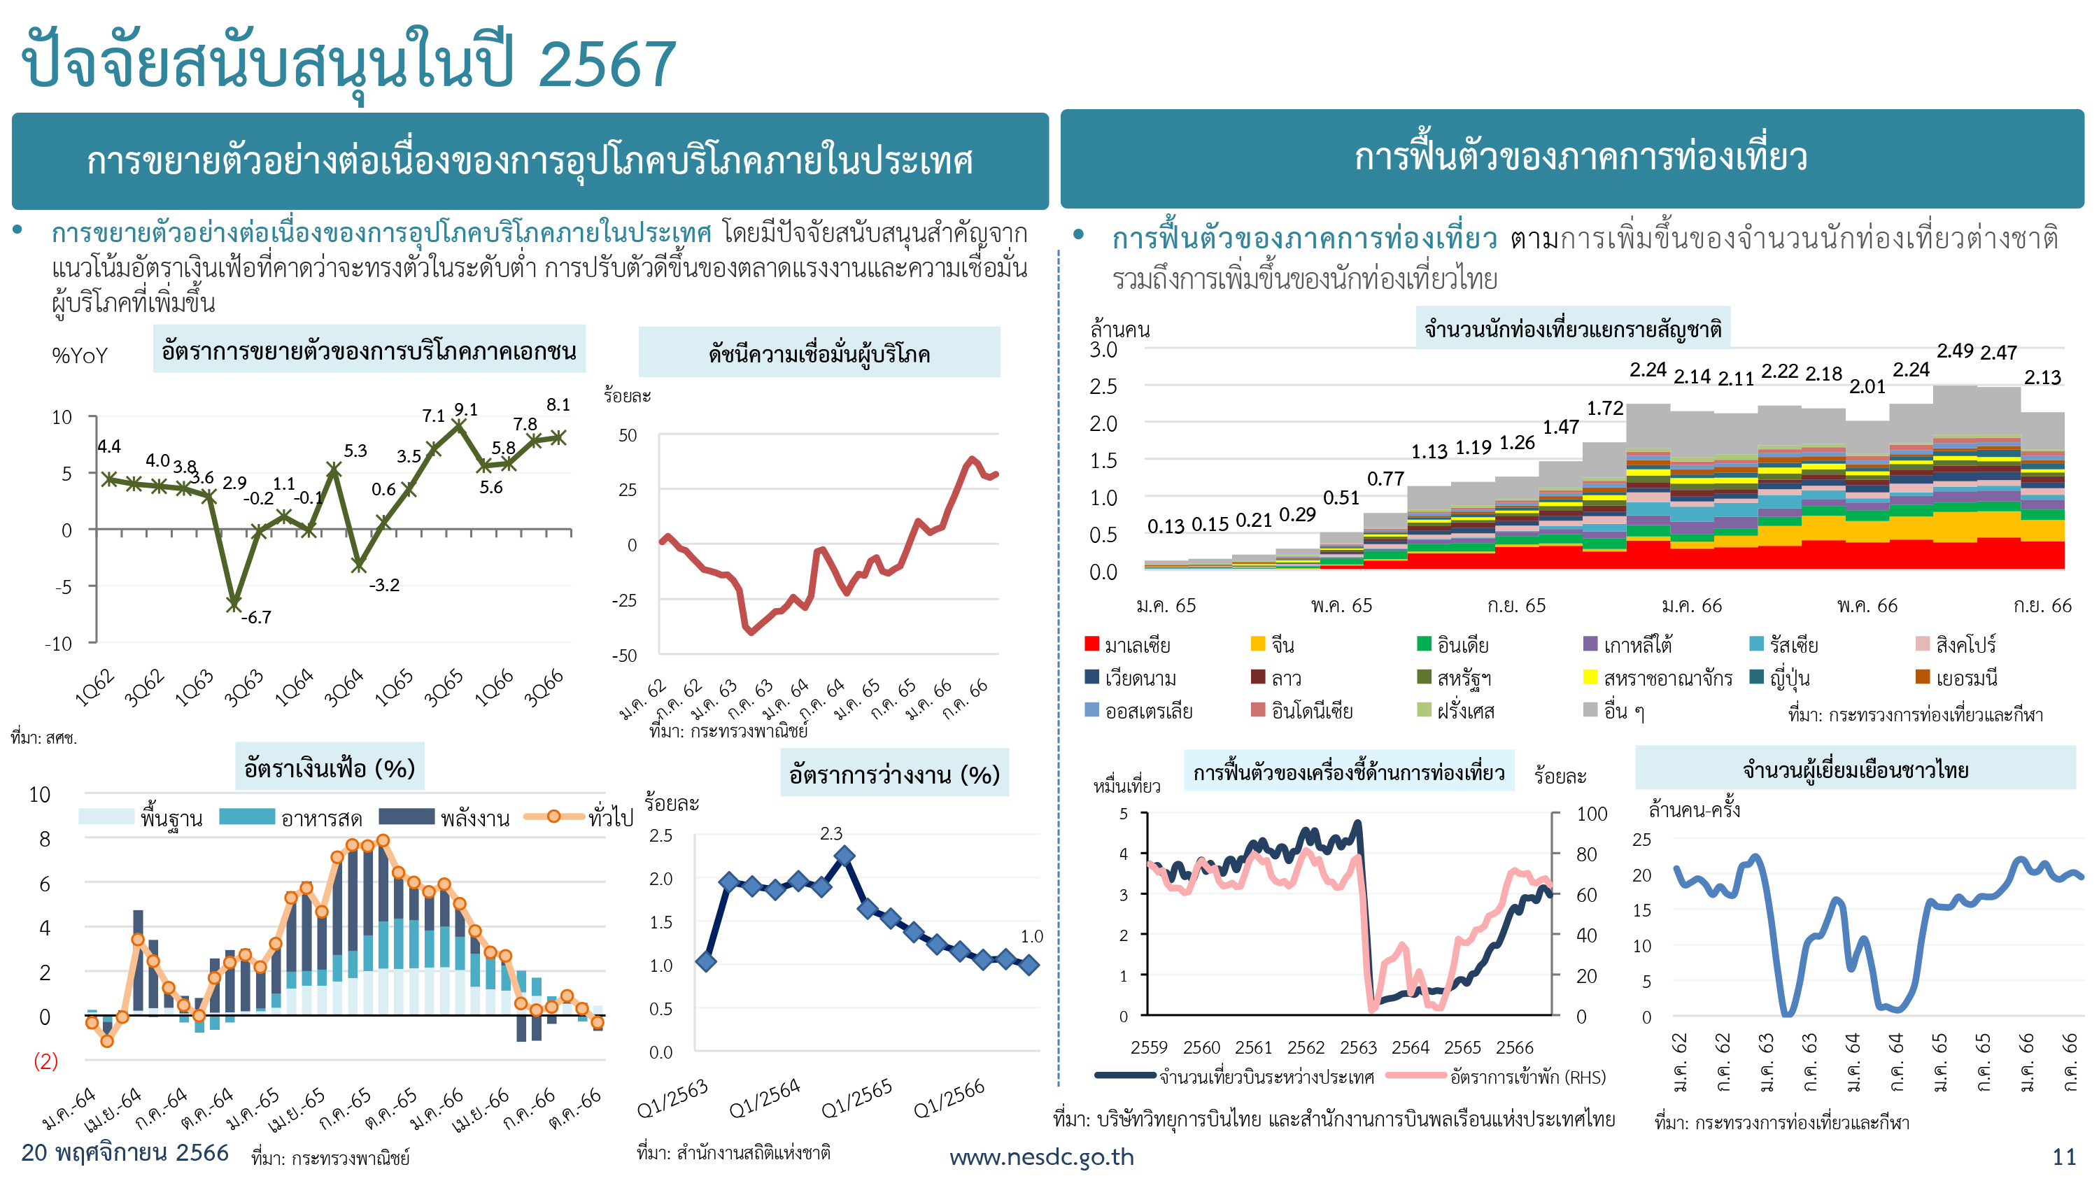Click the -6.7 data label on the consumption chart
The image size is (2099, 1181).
click(x=256, y=617)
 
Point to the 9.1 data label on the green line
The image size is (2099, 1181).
click(x=466, y=409)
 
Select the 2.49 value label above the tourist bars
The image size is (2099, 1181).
click(x=1955, y=351)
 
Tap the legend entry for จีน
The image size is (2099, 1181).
click(x=1273, y=644)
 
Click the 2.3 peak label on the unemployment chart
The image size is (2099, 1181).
click(x=831, y=833)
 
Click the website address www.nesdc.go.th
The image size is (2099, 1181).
click(x=1041, y=1157)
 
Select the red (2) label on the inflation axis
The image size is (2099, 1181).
click(x=45, y=1061)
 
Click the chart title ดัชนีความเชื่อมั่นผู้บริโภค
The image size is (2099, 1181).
click(x=819, y=354)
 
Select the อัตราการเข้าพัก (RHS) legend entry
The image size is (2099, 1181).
click(x=1496, y=1077)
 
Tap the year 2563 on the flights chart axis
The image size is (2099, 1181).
click(x=1358, y=1047)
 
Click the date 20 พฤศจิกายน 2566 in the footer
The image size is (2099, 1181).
click(x=125, y=1152)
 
